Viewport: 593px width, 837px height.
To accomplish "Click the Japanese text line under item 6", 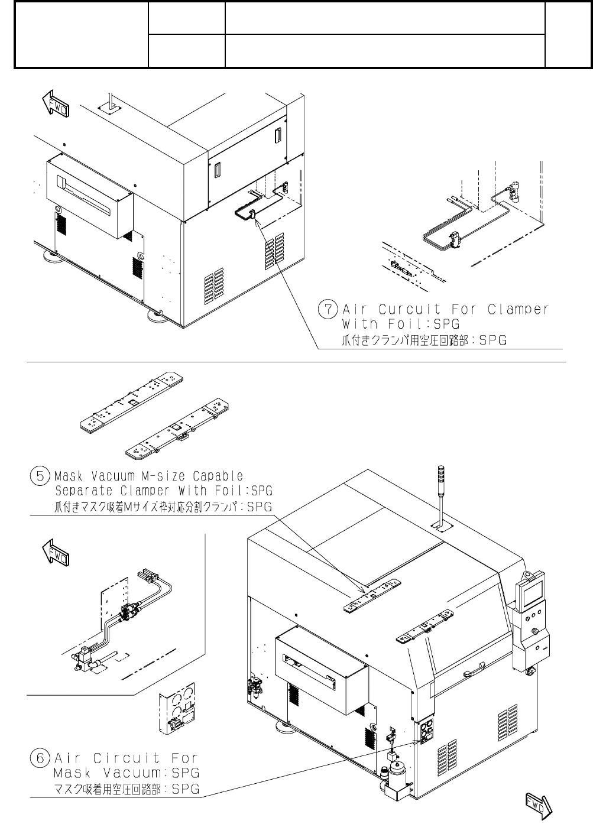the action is [127, 789].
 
